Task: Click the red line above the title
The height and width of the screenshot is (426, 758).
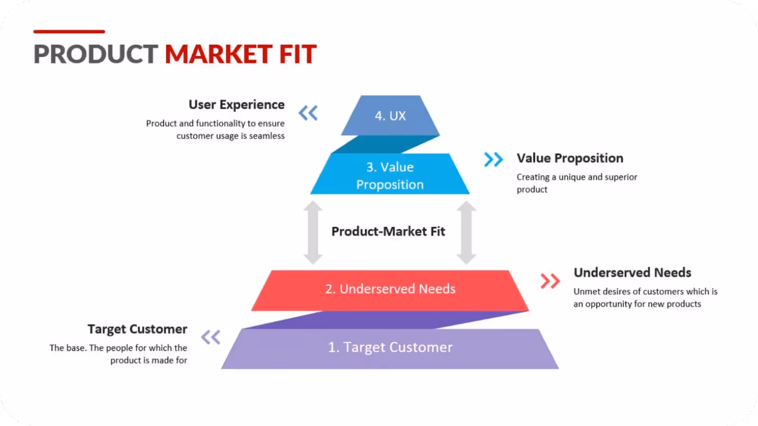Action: coord(69,32)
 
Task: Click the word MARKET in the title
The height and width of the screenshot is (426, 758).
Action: coord(218,54)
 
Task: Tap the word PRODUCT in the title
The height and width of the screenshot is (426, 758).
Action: coord(96,54)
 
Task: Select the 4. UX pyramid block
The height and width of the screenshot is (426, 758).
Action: coord(390,115)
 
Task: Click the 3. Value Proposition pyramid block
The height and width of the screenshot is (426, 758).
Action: coord(390,175)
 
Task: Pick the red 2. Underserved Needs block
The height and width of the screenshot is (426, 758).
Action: coord(390,289)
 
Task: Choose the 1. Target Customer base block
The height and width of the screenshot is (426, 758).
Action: coord(390,348)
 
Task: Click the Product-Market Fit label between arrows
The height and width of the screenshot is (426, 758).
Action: coord(388,231)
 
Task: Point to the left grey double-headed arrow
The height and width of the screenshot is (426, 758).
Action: coord(313,232)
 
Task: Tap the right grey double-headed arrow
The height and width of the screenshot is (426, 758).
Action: coord(466,232)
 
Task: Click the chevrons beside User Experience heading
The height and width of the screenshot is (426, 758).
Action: coord(308,113)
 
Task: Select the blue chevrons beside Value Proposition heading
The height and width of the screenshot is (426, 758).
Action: coord(493,160)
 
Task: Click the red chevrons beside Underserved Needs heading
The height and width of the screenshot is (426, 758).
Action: coord(550,281)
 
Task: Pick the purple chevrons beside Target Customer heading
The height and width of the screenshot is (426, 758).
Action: coord(211,337)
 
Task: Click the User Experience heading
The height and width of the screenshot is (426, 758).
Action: coord(236,105)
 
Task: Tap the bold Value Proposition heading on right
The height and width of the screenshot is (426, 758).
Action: coord(570,158)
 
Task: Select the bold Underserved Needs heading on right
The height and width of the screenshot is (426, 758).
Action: coord(632,273)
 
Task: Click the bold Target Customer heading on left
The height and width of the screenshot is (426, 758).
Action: coord(137,329)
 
